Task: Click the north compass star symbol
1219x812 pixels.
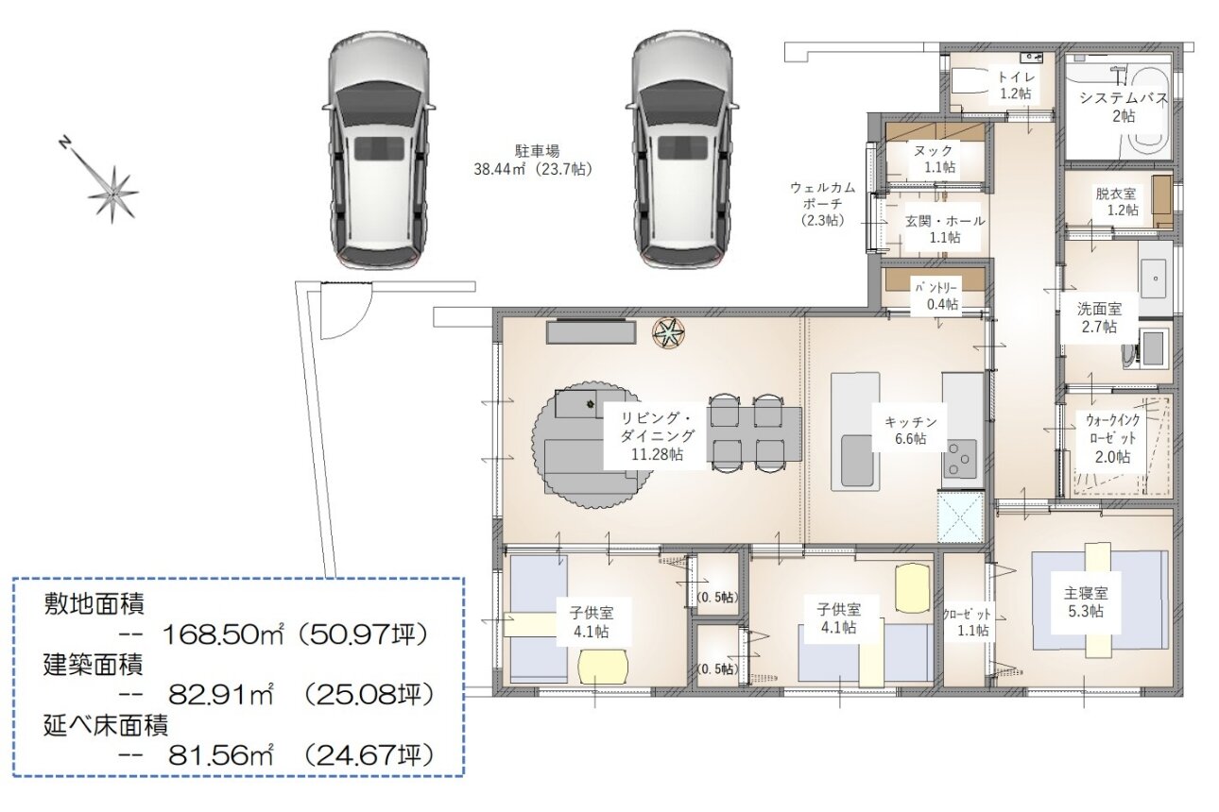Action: click(x=113, y=194)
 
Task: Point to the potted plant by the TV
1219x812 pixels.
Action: click(x=669, y=332)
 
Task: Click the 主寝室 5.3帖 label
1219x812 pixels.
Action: click(x=1086, y=602)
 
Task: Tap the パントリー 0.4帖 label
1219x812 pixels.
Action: click(x=942, y=296)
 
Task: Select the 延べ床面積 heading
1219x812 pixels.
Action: click(x=106, y=724)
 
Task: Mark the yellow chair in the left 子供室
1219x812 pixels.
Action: click(x=603, y=667)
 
